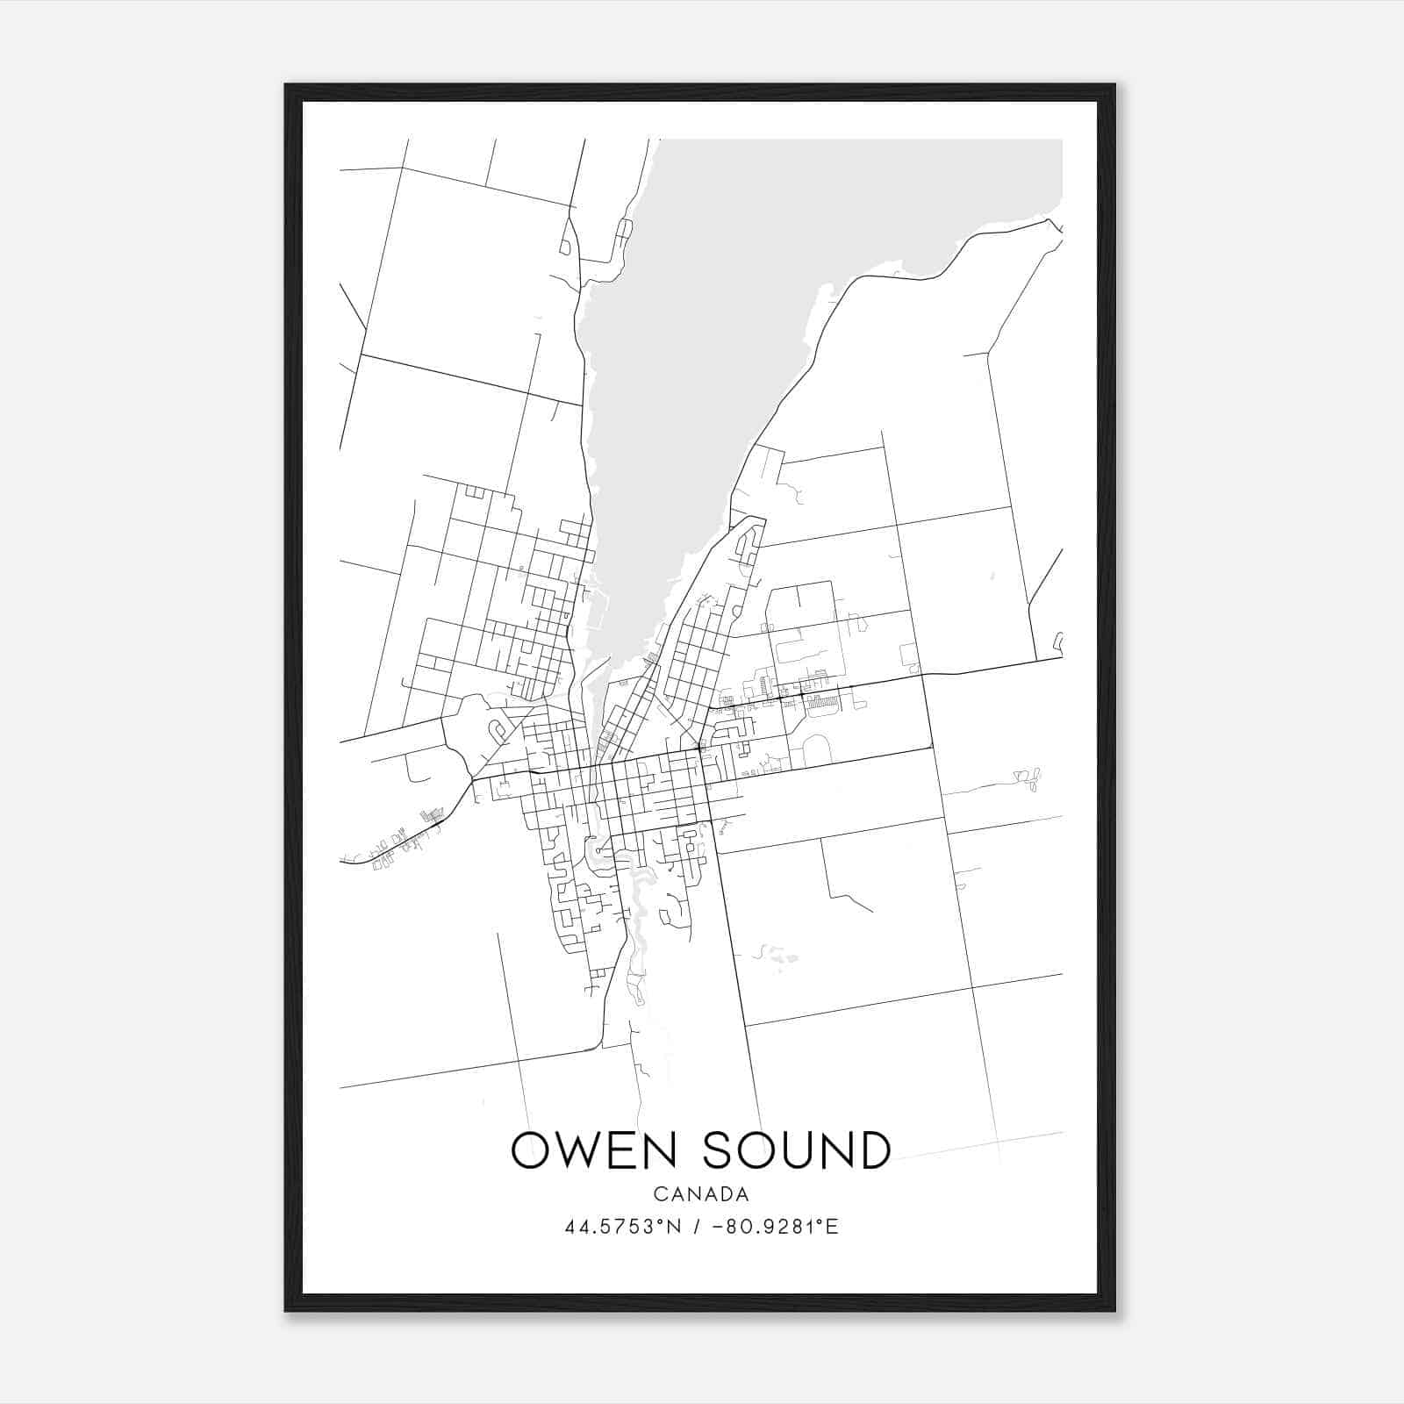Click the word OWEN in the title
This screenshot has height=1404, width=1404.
tap(593, 1150)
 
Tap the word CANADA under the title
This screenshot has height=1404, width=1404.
tap(701, 1194)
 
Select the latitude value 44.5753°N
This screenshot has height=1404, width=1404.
tap(623, 1227)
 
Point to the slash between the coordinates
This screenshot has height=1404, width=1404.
tap(696, 1227)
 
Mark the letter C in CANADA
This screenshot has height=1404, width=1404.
tap(658, 1194)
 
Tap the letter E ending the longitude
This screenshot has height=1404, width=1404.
tap(833, 1227)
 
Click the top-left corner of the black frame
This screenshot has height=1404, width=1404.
tap(286, 85)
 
